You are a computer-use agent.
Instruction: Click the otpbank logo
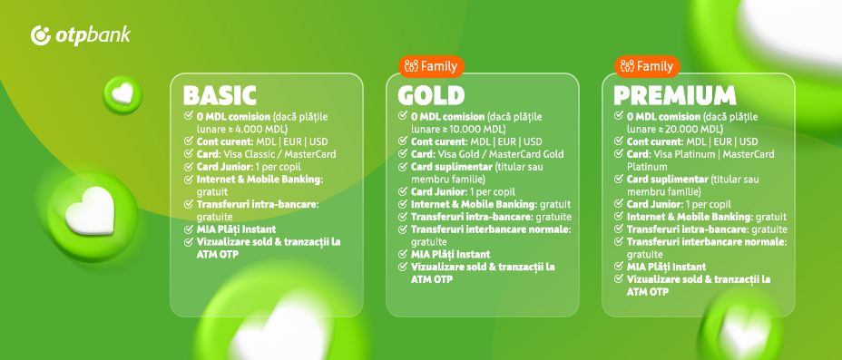[81, 35]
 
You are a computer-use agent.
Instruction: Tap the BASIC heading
[220, 96]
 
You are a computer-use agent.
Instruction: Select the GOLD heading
[431, 96]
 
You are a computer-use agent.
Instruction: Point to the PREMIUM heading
[674, 96]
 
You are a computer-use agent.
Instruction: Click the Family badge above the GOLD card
[431, 66]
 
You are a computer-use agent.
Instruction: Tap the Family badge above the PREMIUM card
[647, 66]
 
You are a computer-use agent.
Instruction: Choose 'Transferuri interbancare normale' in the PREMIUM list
[707, 242]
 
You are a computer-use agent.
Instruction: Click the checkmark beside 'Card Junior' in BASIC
[188, 167]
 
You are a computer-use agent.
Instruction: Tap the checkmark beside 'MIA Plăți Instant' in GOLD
[403, 254]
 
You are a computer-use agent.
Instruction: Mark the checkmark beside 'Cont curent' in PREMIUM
[619, 141]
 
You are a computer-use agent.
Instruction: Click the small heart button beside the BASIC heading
[122, 95]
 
